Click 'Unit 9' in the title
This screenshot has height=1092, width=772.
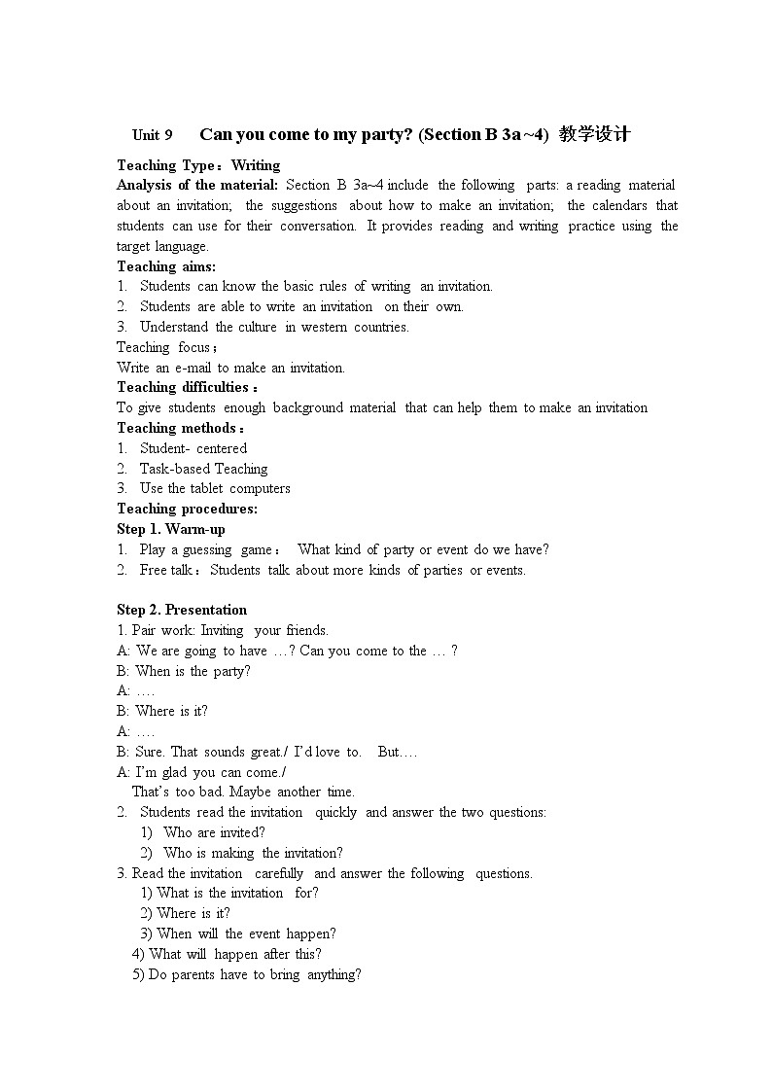coord(153,135)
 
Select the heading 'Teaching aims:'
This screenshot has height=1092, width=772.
coord(166,265)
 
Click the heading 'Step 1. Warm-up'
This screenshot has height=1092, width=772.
coord(170,529)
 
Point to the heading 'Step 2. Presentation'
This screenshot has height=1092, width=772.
coord(182,610)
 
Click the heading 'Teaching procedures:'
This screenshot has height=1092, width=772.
coord(187,509)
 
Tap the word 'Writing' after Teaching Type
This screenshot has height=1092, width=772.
coord(255,165)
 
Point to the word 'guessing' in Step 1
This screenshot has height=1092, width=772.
coord(209,549)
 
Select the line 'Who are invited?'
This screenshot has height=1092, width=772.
coord(214,832)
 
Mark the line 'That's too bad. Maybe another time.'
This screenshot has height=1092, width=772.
coord(243,792)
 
